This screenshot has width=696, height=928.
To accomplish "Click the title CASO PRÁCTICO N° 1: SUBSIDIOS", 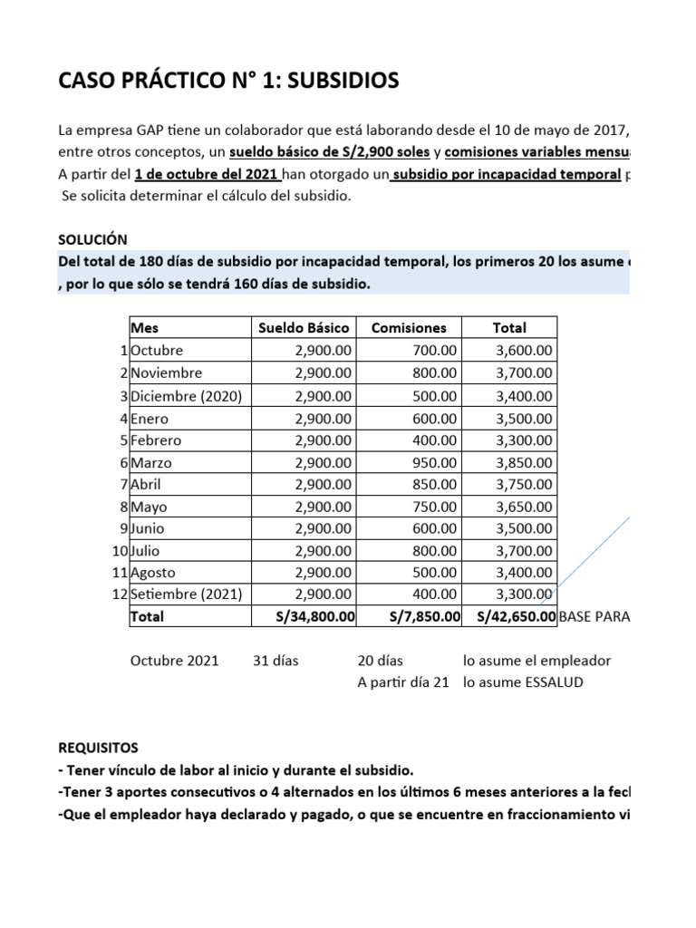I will tap(227, 82).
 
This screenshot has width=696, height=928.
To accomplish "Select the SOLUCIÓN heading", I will tap(92, 239).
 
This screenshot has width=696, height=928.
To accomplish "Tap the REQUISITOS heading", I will tap(99, 749).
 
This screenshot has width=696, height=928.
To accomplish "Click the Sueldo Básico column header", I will tap(304, 328).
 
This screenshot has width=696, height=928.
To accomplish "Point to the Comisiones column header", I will tap(410, 328).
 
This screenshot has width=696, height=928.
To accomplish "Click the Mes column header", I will tap(145, 328).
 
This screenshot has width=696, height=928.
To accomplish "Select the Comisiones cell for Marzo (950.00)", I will tap(432, 462).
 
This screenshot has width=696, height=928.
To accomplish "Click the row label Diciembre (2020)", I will tap(179, 396).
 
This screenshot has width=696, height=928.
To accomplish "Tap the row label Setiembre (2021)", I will tap(181, 594).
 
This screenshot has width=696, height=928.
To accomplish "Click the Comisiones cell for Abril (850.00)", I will tap(432, 485).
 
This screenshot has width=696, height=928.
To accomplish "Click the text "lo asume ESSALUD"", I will tap(523, 682).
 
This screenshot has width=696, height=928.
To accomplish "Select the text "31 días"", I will tap(275, 661).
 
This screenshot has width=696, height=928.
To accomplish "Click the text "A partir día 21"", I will tap(403, 682).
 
